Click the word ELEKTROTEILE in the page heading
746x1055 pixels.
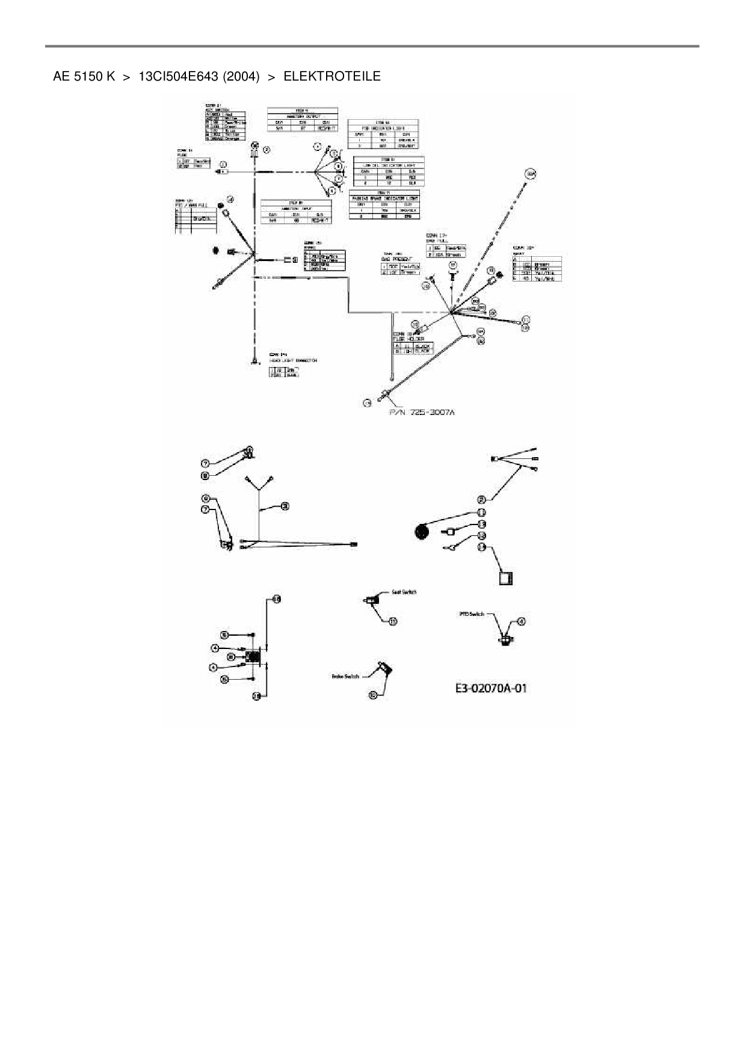[331, 76]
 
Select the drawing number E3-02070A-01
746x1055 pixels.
[491, 687]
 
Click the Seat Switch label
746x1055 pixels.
[404, 592]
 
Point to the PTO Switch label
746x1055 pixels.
[472, 614]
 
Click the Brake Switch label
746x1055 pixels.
[345, 676]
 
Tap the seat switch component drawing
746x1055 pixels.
[373, 600]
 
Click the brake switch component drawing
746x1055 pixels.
[384, 668]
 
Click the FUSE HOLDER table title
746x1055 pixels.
[403, 339]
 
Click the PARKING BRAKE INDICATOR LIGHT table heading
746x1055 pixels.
[385, 198]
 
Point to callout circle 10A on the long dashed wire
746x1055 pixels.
[530, 174]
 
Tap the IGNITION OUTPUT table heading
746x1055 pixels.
[302, 116]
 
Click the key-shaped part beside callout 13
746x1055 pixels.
[452, 547]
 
